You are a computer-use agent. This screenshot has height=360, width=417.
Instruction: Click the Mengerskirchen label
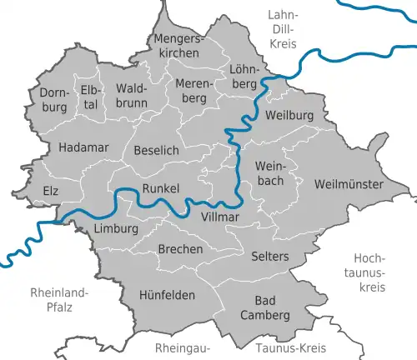(177, 46)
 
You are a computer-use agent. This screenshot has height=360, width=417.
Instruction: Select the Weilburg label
(288, 116)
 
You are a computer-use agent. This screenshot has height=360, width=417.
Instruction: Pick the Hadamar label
(81, 147)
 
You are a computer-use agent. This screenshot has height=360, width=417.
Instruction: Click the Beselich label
(156, 150)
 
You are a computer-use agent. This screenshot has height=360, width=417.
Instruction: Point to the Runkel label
(161, 188)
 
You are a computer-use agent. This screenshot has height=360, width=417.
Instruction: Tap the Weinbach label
(271, 173)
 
